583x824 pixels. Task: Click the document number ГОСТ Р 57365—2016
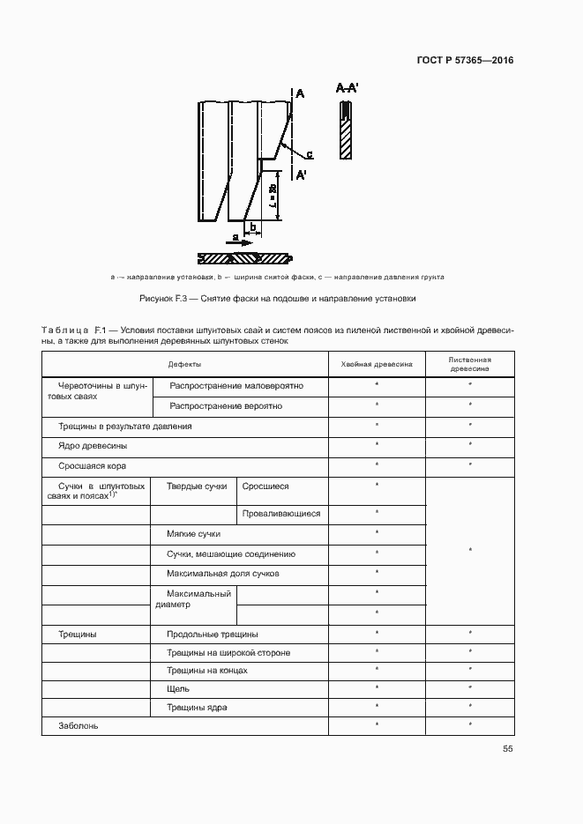pos(465,61)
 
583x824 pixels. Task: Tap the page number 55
pos(508,749)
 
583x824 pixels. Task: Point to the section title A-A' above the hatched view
pos(346,88)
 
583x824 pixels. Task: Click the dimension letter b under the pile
pos(252,228)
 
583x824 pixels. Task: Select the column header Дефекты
pos(184,364)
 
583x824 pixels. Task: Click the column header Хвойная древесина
pos(377,364)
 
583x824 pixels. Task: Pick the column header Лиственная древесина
pos(469,364)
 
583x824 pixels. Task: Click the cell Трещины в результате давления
pos(124,426)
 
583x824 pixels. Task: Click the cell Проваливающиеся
pos(281,513)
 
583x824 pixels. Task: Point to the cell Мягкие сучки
pos(193,533)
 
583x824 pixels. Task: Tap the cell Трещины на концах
pos(206,670)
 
